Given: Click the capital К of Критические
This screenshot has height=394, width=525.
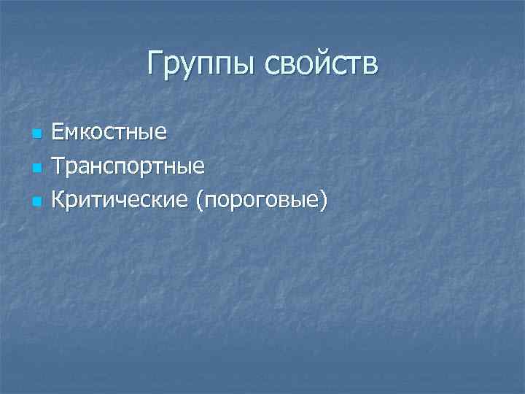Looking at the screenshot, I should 58,198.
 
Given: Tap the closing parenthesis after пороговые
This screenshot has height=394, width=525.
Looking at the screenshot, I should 322,199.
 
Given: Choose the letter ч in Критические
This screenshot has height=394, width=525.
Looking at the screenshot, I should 122,200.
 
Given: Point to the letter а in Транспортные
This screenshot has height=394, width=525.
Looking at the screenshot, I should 84,168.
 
